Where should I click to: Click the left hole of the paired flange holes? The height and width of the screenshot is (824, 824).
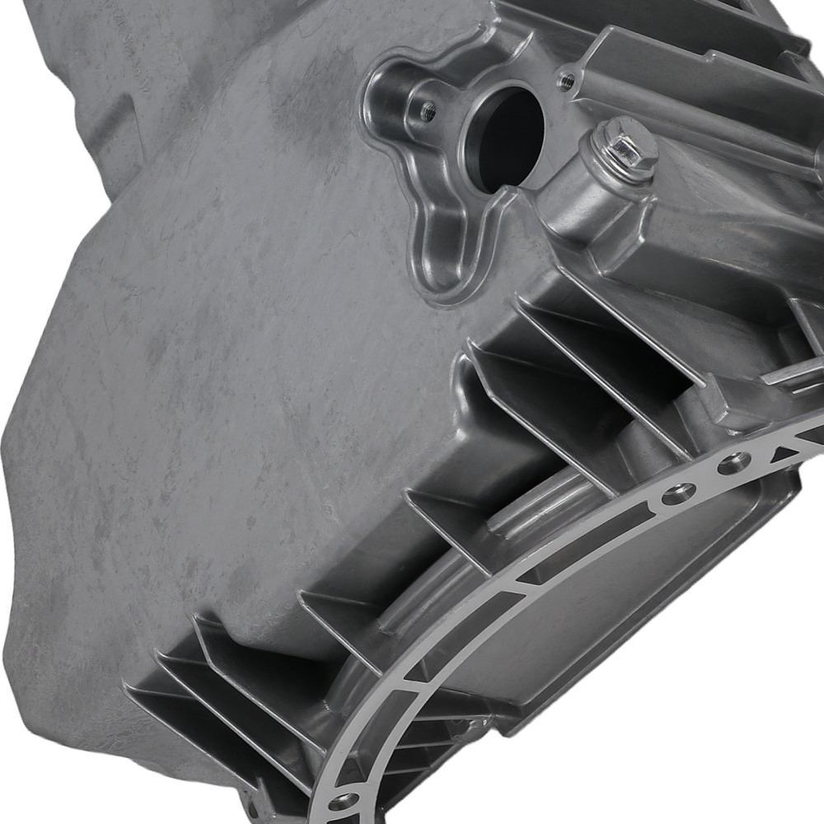click(676, 494)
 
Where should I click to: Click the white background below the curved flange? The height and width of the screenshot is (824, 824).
click(659, 766)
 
